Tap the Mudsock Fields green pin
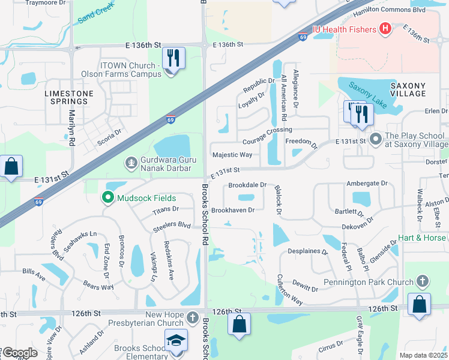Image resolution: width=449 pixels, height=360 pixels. pyautogui.click(x=108, y=197)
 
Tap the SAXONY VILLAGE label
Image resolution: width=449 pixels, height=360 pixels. pyautogui.click(x=408, y=89)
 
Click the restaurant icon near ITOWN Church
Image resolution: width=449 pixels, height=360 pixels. pyautogui.click(x=173, y=58)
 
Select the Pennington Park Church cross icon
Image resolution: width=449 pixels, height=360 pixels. pyautogui.click(x=423, y=281)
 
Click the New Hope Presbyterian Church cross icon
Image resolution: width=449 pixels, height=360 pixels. pyautogui.click(x=192, y=316)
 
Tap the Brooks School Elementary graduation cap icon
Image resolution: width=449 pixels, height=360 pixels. pyautogui.click(x=176, y=340)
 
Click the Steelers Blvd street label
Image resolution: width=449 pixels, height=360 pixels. pyautogui.click(x=172, y=226)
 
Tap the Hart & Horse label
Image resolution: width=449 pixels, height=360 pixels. pyautogui.click(x=422, y=238)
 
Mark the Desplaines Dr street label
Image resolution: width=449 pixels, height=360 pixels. pyautogui.click(x=308, y=252)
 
